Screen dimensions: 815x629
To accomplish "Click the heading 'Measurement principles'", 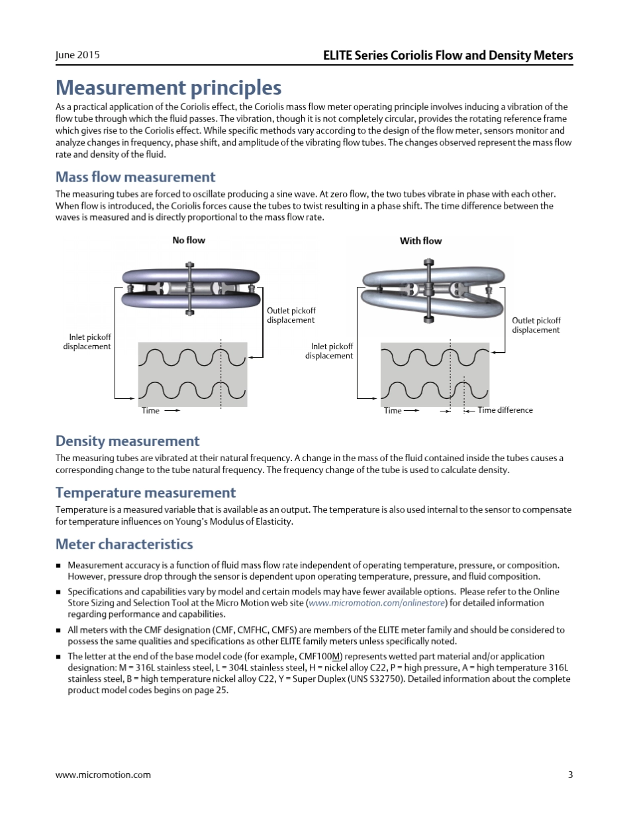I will pos(168,87).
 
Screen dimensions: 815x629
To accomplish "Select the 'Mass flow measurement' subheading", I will pos(135,177).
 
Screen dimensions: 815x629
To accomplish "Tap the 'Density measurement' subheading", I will pos(127,441).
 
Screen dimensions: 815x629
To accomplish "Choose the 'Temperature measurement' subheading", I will pos(145,493).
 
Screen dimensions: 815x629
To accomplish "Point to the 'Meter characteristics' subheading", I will pos(124,545).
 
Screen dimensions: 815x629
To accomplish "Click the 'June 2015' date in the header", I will pos(77,55).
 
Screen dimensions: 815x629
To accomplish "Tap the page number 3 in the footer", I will pos(570,775).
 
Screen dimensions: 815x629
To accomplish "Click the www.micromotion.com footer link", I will pos(103,775).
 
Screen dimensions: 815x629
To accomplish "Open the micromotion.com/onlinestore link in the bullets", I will pos(377,603).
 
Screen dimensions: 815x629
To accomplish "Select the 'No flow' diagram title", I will pos(189,241).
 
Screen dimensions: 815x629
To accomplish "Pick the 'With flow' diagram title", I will pos(420,241).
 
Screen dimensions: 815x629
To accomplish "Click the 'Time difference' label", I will pos(505,410).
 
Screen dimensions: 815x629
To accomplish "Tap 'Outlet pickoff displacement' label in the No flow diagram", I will pos(291,315).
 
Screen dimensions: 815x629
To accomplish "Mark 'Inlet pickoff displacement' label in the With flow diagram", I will pos(329,351).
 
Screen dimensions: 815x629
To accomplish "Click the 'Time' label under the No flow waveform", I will pos(150,411).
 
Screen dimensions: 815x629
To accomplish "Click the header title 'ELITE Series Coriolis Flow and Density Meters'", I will pos(448,55).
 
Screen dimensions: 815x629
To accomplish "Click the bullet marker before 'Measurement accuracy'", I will pos(58,566).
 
